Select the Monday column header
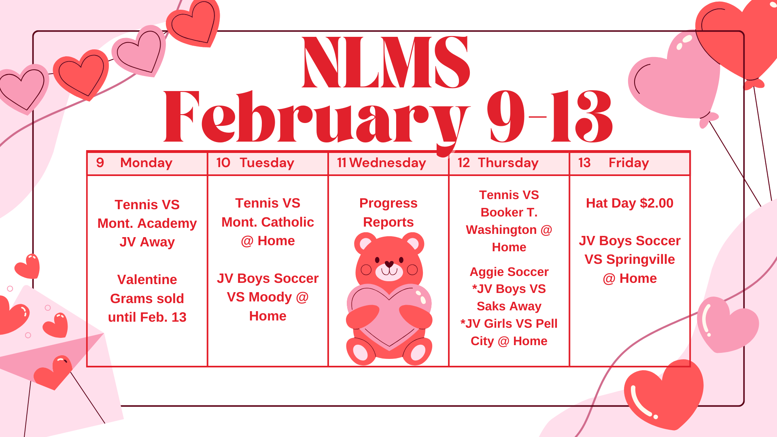pyautogui.click(x=146, y=163)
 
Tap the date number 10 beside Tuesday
pyautogui.click(x=223, y=163)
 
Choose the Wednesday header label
pyautogui.click(x=388, y=163)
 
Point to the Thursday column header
pyautogui.click(x=508, y=163)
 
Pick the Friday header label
pyautogui.click(x=629, y=163)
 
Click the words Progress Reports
pyautogui.click(x=388, y=212)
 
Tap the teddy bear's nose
pyautogui.click(x=389, y=264)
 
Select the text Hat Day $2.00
pyautogui.click(x=630, y=203)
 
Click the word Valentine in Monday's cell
pyautogui.click(x=147, y=280)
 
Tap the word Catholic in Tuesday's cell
pyautogui.click(x=288, y=222)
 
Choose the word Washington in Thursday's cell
pyautogui.click(x=501, y=230)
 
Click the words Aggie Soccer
pyautogui.click(x=509, y=272)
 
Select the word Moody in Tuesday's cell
pyautogui.click(x=270, y=297)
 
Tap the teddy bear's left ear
pyautogui.click(x=366, y=244)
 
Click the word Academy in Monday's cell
pyautogui.click(x=167, y=223)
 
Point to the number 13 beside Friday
pyautogui.click(x=584, y=163)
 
